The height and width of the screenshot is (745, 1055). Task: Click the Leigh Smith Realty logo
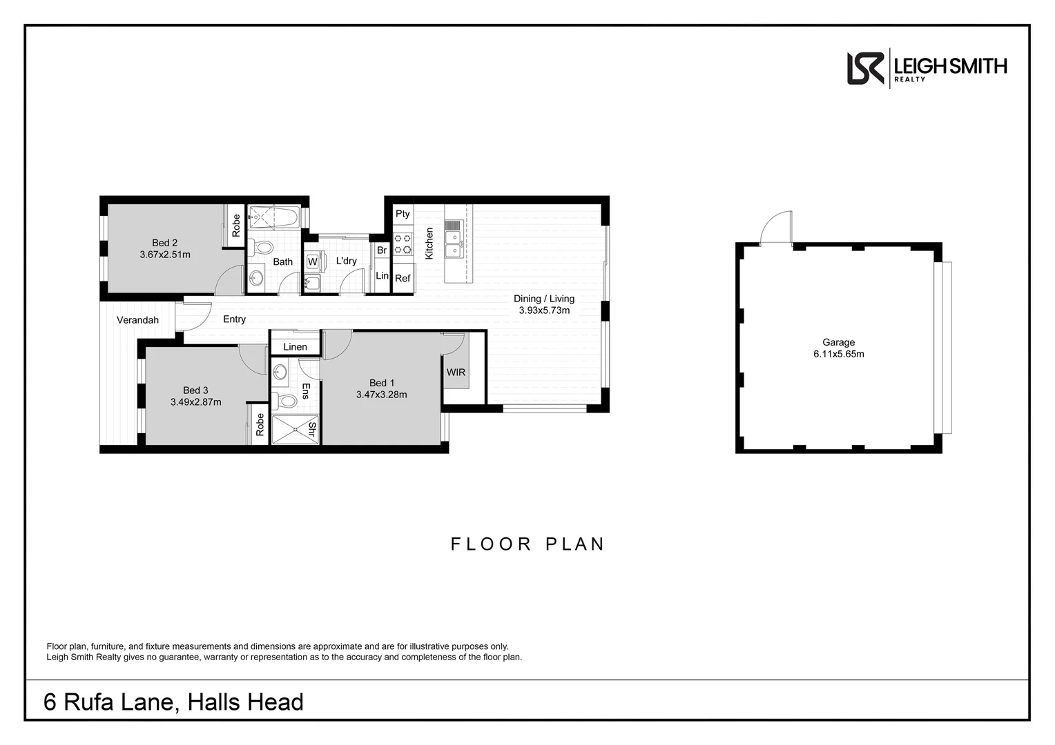tap(926, 68)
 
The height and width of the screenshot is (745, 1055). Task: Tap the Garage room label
tap(838, 342)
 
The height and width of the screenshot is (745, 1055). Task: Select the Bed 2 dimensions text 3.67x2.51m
tap(165, 255)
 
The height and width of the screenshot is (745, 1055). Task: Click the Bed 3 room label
tap(195, 390)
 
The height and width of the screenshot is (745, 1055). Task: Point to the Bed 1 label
tap(382, 383)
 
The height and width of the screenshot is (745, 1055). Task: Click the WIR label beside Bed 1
tap(456, 372)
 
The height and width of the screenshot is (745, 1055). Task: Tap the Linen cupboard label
tap(295, 347)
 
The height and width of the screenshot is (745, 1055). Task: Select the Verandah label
tap(137, 320)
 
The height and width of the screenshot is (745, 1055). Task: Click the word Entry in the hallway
tap(234, 319)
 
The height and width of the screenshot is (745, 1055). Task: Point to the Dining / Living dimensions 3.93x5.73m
tap(544, 310)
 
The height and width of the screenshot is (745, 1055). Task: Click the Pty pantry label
tap(403, 214)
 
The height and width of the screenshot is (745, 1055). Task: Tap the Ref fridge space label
tap(403, 279)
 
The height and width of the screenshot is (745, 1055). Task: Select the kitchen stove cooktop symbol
tap(403, 244)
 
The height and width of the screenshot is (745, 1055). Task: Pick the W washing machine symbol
tap(312, 262)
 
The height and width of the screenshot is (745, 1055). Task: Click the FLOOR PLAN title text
tap(527, 544)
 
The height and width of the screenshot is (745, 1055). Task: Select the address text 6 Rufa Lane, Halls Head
tap(173, 702)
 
